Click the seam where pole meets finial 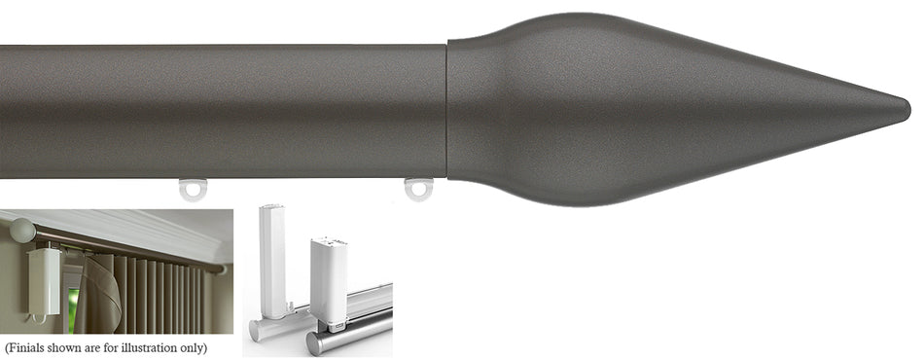pyautogui.click(x=447, y=109)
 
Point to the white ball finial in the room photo pyautogui.click(x=19, y=230)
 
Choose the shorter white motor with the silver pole pyautogui.click(x=328, y=272)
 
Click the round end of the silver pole pyautogui.click(x=315, y=343)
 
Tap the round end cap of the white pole pyautogui.click(x=256, y=332)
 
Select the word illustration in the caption pyautogui.click(x=152, y=347)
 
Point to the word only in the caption pyautogui.click(x=195, y=347)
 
